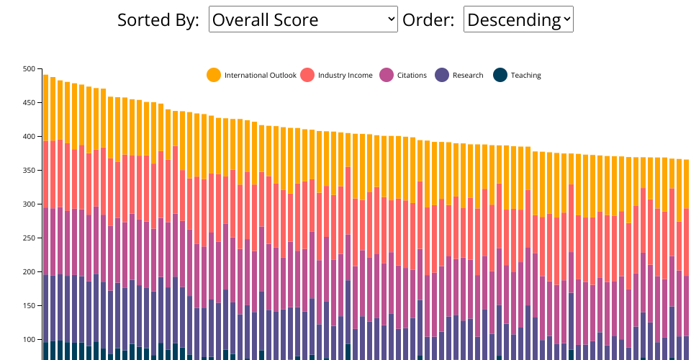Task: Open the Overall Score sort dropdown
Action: (303, 19)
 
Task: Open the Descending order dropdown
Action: (518, 19)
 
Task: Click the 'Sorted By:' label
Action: (158, 20)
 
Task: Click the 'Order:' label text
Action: (428, 20)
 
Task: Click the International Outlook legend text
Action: (260, 76)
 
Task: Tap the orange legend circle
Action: (214, 75)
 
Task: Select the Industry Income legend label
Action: (345, 76)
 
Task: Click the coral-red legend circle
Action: (307, 75)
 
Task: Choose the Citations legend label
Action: (412, 76)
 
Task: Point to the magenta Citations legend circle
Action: (387, 75)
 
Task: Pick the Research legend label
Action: (468, 76)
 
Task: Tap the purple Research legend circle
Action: (442, 75)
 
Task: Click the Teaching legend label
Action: (525, 76)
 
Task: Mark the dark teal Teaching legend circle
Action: (500, 75)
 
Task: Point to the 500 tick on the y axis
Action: (29, 69)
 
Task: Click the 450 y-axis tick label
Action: (29, 103)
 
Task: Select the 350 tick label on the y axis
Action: (29, 171)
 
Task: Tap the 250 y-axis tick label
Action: (29, 238)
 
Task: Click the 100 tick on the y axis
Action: (29, 340)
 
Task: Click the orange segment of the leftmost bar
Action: (46, 108)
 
